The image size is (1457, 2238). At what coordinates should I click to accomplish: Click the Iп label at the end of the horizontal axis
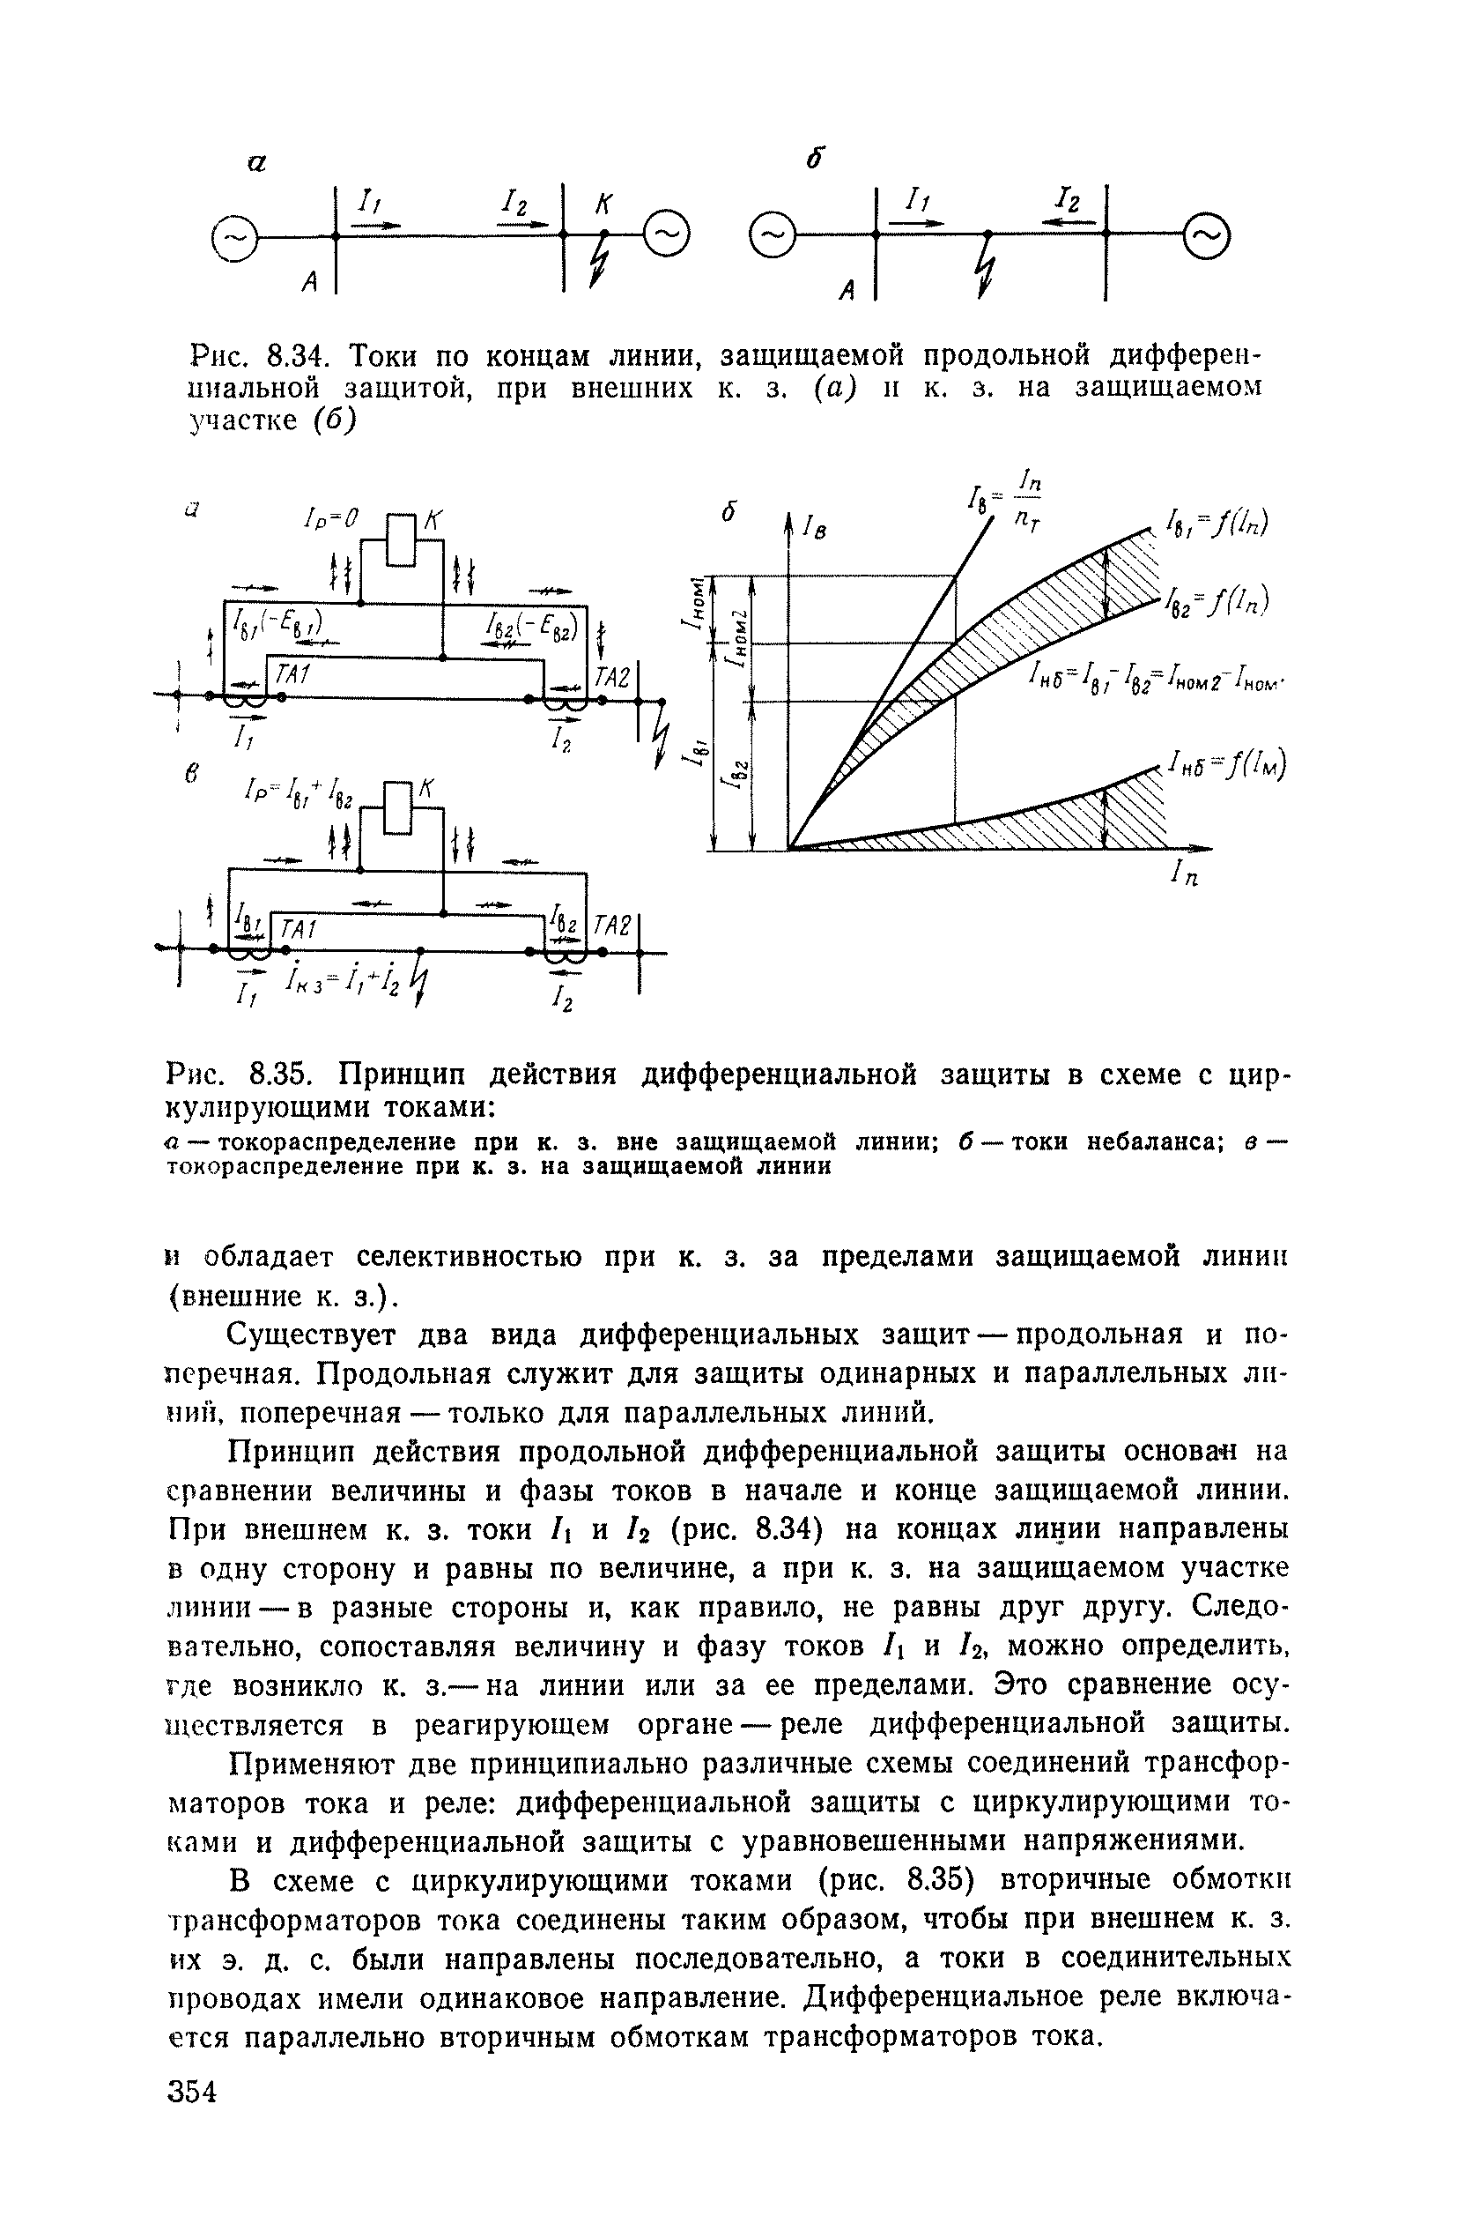click(x=1185, y=875)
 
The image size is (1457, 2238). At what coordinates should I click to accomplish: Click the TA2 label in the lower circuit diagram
click(x=612, y=926)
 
